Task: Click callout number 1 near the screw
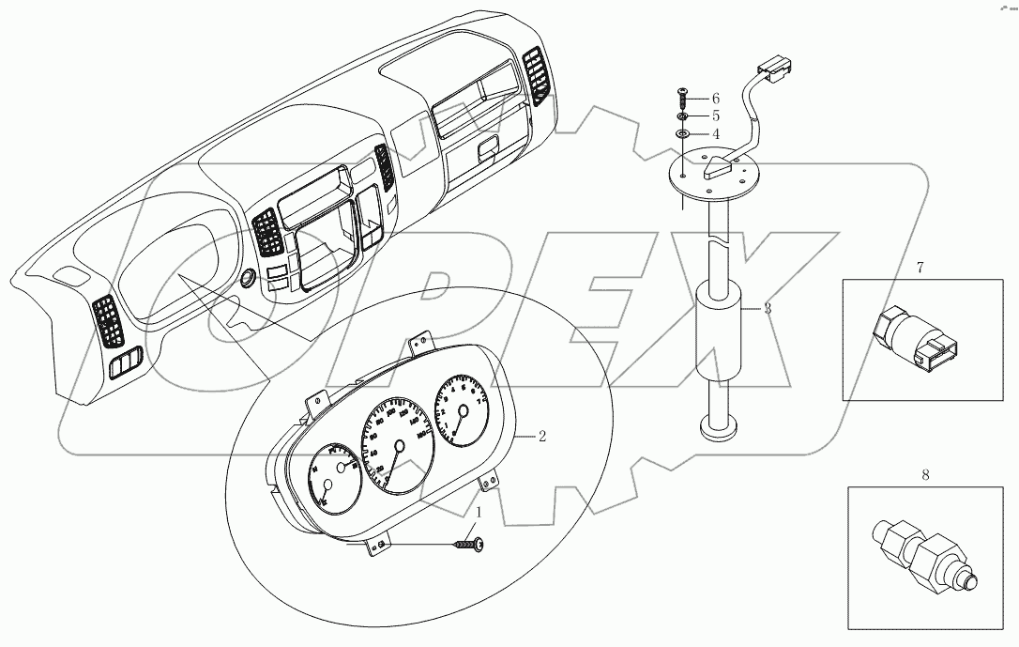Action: [479, 513]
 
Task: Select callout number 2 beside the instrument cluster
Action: [541, 437]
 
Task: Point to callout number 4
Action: [715, 134]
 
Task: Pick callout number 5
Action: [715, 116]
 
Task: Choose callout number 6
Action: [715, 98]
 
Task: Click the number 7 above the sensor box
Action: [920, 268]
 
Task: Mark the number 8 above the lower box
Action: [925, 476]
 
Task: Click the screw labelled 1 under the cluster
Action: [468, 543]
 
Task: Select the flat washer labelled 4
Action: [683, 135]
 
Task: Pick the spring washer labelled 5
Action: [683, 117]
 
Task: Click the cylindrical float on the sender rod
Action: [720, 333]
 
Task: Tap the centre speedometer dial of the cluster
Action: [399, 442]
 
